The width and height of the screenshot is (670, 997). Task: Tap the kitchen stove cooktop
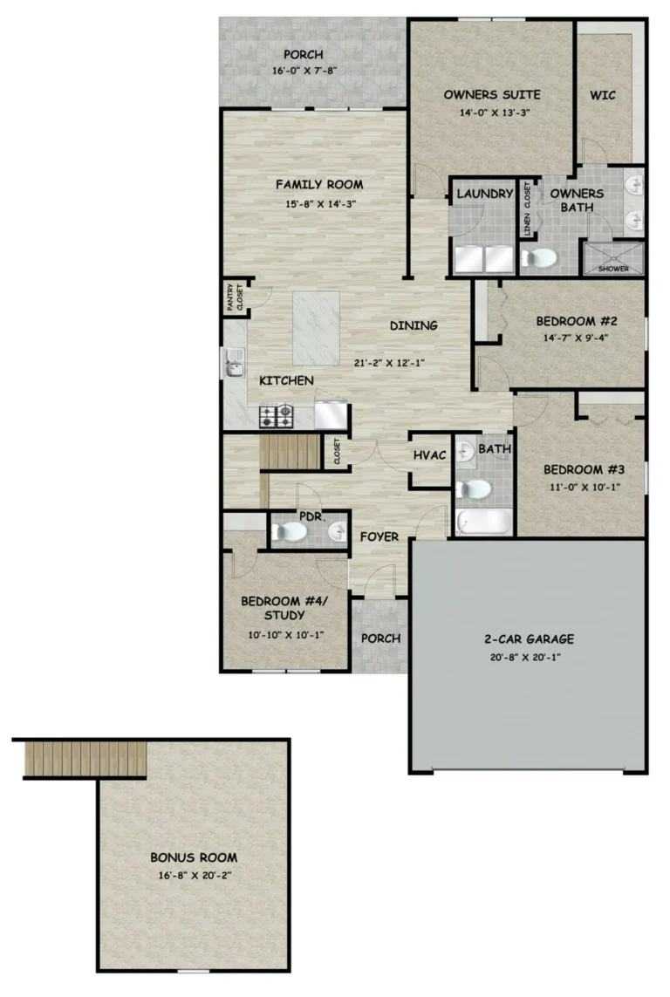[276, 416]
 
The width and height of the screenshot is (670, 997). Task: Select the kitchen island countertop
[316, 328]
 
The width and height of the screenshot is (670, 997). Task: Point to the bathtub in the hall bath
[483, 522]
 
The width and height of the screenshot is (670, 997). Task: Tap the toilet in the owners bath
[539, 258]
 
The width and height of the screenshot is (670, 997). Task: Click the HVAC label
[430, 455]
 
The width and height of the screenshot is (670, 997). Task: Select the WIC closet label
[603, 95]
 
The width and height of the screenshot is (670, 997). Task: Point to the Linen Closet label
[527, 209]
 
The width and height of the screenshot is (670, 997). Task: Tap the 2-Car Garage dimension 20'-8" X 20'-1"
[525, 658]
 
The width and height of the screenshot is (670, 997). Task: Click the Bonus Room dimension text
[195, 875]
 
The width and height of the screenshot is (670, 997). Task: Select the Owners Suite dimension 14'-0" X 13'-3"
[495, 113]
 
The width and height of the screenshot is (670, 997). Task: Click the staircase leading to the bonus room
[85, 758]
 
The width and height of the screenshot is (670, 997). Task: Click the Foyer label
[379, 536]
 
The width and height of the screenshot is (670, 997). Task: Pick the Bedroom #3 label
[585, 470]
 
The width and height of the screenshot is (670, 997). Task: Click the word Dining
[414, 325]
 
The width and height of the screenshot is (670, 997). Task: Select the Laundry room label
[485, 194]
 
